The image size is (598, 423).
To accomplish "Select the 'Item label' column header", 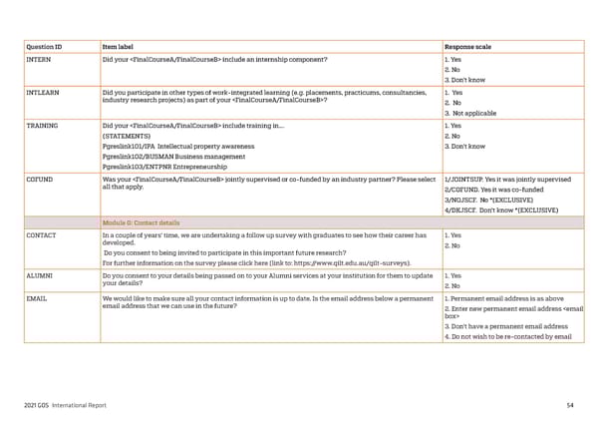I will (x=121, y=46).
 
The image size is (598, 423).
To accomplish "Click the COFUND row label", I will (x=40, y=180).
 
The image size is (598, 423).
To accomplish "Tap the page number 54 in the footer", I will (x=569, y=405).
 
